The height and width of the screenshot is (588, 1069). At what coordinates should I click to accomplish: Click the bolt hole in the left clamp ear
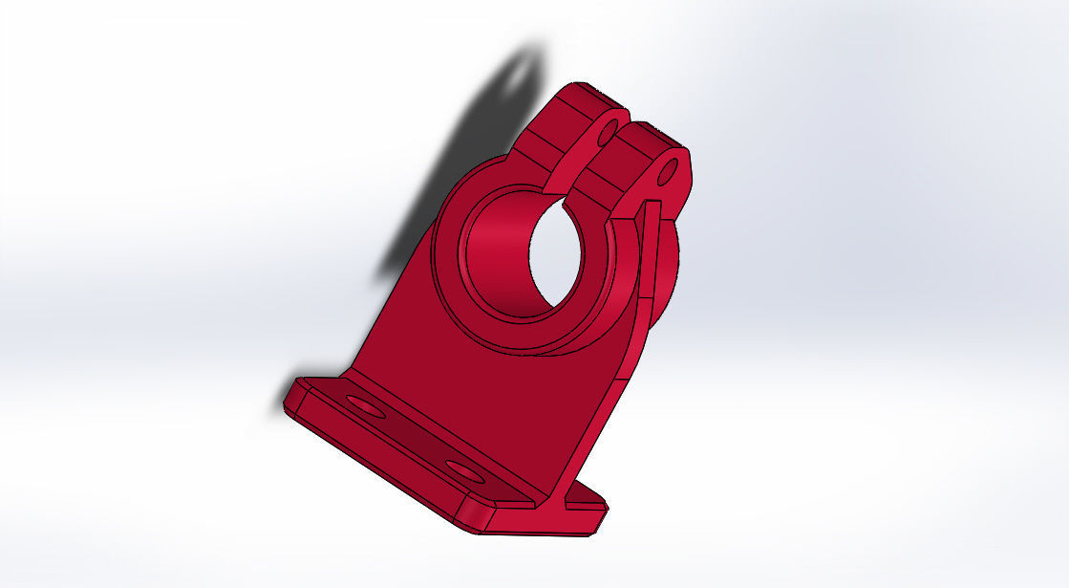(x=605, y=137)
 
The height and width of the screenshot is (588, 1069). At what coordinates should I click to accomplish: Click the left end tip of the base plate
(x=292, y=396)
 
